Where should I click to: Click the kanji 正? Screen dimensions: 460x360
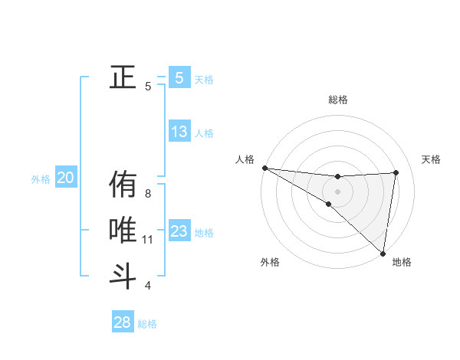pos(123,77)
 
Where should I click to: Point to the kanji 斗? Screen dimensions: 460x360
pos(123,275)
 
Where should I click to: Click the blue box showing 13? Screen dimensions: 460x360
pos(179,132)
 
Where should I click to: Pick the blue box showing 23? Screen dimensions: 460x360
pos(179,231)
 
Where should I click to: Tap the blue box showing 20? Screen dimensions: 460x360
pos(66,178)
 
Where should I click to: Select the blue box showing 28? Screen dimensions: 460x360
pos(123,322)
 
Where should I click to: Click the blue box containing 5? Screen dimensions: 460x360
pos(179,77)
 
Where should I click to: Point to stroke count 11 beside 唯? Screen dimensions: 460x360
pos(148,240)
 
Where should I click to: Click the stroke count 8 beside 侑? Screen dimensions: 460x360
pos(148,194)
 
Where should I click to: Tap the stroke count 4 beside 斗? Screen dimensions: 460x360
pos(148,286)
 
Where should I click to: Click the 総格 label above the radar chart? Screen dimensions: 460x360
pos(337,100)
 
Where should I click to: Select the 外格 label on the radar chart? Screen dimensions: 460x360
pos(270,263)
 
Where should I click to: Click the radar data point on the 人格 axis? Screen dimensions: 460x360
pos(264,168)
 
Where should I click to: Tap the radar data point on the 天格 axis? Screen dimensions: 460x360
pos(396,172)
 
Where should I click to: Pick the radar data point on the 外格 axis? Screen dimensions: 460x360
pos(328,205)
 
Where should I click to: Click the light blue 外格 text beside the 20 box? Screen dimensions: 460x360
pos(41,179)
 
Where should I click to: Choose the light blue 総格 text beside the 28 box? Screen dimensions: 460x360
pos(147,324)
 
